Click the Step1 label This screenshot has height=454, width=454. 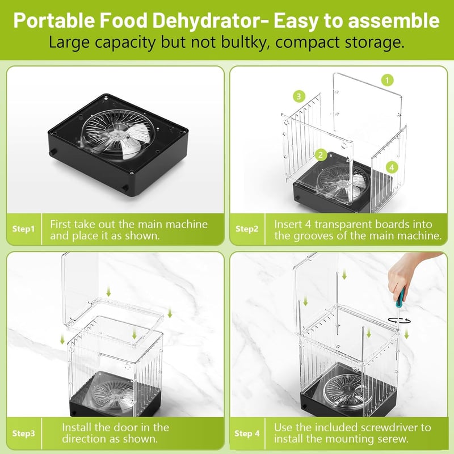pyautogui.click(x=23, y=229)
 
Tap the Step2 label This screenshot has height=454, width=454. pyautogui.click(x=247, y=229)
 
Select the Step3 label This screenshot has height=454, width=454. pyautogui.click(x=23, y=434)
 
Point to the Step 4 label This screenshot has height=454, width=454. pyautogui.click(x=247, y=434)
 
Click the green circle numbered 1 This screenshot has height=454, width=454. pyautogui.click(x=388, y=80)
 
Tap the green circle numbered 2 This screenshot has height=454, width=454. pyautogui.click(x=320, y=155)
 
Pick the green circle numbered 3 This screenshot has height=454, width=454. pyautogui.click(x=299, y=96)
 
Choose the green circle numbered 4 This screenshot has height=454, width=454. pyautogui.click(x=392, y=167)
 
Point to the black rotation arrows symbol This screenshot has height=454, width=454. pyautogui.click(x=400, y=320)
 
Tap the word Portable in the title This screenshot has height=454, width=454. pyautogui.click(x=54, y=21)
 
